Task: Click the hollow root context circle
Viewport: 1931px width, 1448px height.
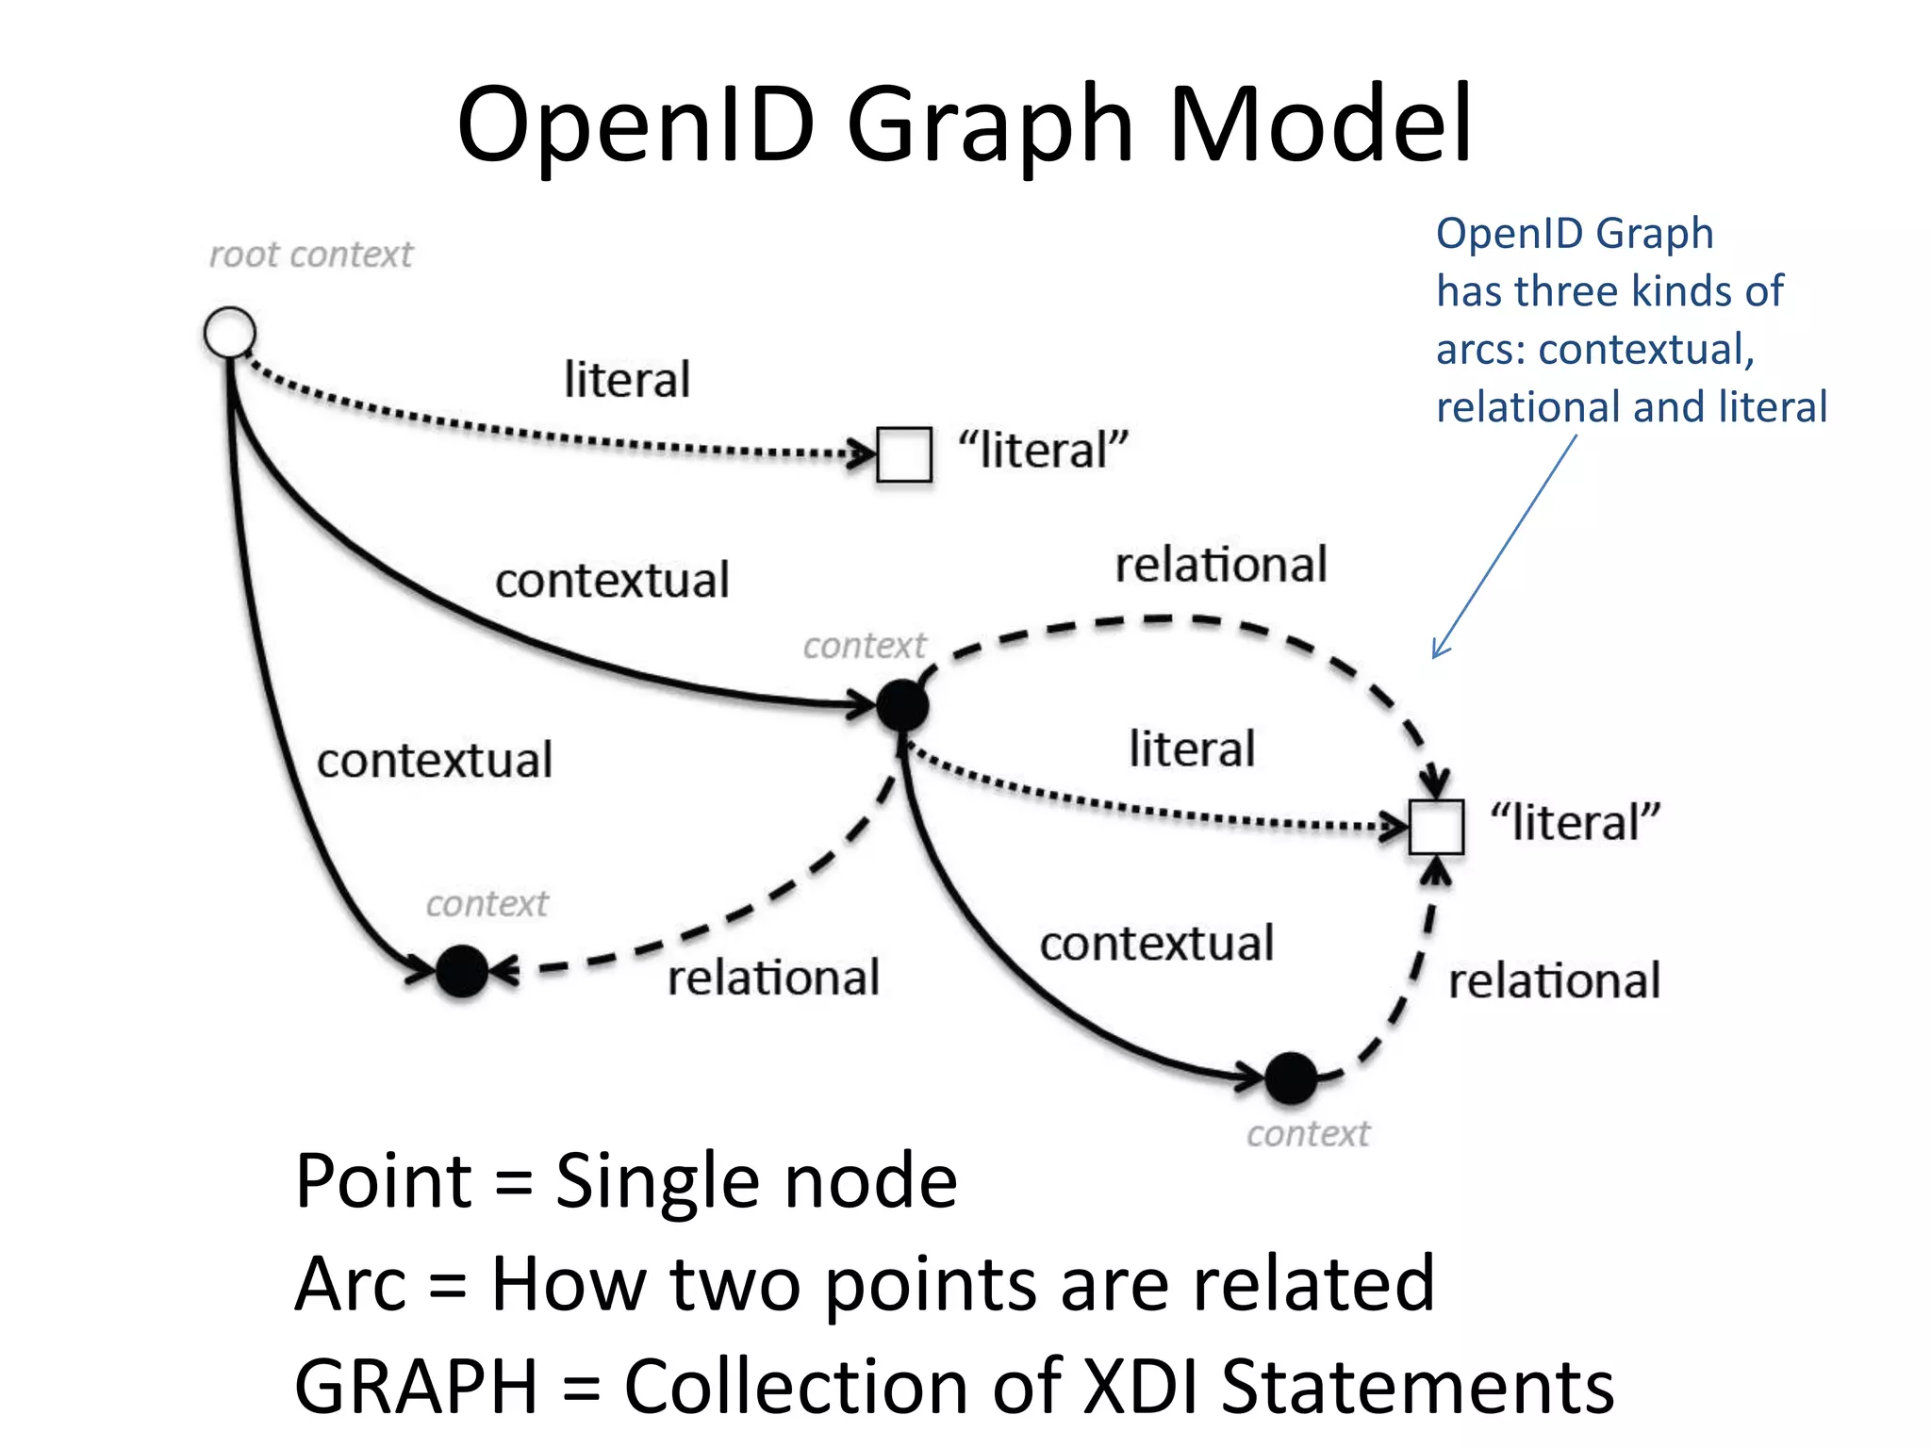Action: tap(229, 332)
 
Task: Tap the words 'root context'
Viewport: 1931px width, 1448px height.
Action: tap(310, 255)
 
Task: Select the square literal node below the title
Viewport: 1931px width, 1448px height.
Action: tap(904, 454)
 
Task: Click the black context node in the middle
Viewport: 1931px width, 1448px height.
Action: tap(902, 704)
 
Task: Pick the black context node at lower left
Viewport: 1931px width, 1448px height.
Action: tap(462, 971)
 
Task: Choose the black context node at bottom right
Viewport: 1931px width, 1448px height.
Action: tap(1291, 1078)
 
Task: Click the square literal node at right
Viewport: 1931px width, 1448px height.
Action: tap(1436, 827)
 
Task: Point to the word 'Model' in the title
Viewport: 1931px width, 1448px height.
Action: tap(1320, 124)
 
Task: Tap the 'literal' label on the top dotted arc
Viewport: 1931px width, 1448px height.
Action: tap(627, 380)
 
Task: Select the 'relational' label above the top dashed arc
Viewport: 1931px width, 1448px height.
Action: tap(1221, 565)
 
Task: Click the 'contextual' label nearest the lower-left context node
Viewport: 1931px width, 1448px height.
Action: tap(435, 761)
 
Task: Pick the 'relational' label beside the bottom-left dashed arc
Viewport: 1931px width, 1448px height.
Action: tap(773, 978)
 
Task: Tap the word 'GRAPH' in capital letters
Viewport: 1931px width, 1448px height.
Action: tap(416, 1386)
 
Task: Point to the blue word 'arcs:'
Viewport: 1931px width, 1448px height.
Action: tap(1480, 350)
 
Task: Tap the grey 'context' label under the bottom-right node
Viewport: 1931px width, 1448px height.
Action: tap(1308, 1134)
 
